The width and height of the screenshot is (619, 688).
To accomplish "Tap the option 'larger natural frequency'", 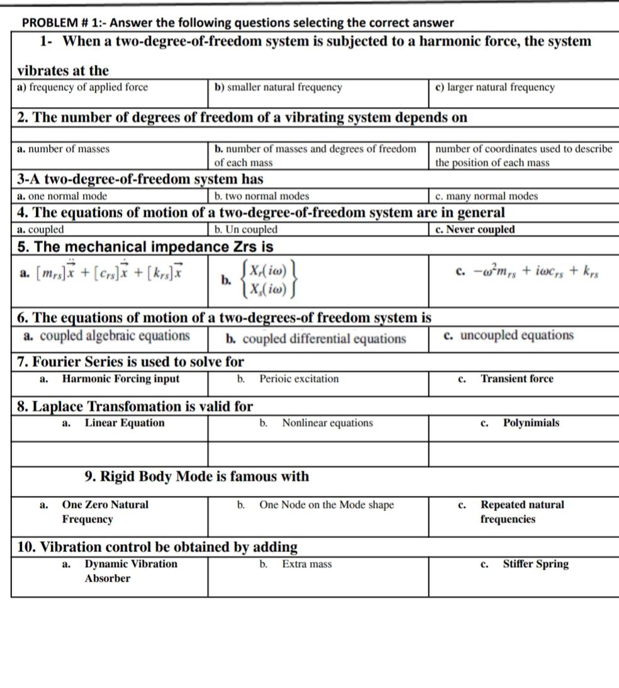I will (x=496, y=87).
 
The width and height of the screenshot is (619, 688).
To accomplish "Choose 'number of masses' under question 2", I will (x=64, y=149).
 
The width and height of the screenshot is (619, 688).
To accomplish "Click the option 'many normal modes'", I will (x=487, y=196).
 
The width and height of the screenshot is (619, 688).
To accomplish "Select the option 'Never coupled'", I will (x=475, y=230).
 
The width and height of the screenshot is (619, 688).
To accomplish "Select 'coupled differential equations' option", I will (x=316, y=339).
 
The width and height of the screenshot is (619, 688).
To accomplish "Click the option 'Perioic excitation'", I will (x=299, y=379).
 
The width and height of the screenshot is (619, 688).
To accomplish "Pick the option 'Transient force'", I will (x=516, y=379).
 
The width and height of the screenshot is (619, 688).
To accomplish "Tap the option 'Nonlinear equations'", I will (x=327, y=423).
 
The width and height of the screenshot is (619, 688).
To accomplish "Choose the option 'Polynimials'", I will (x=530, y=423).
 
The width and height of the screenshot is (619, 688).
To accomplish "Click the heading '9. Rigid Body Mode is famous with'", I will (x=197, y=477).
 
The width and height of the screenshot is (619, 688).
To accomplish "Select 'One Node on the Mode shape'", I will (x=326, y=505).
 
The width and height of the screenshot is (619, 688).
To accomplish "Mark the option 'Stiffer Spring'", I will (x=535, y=564).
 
